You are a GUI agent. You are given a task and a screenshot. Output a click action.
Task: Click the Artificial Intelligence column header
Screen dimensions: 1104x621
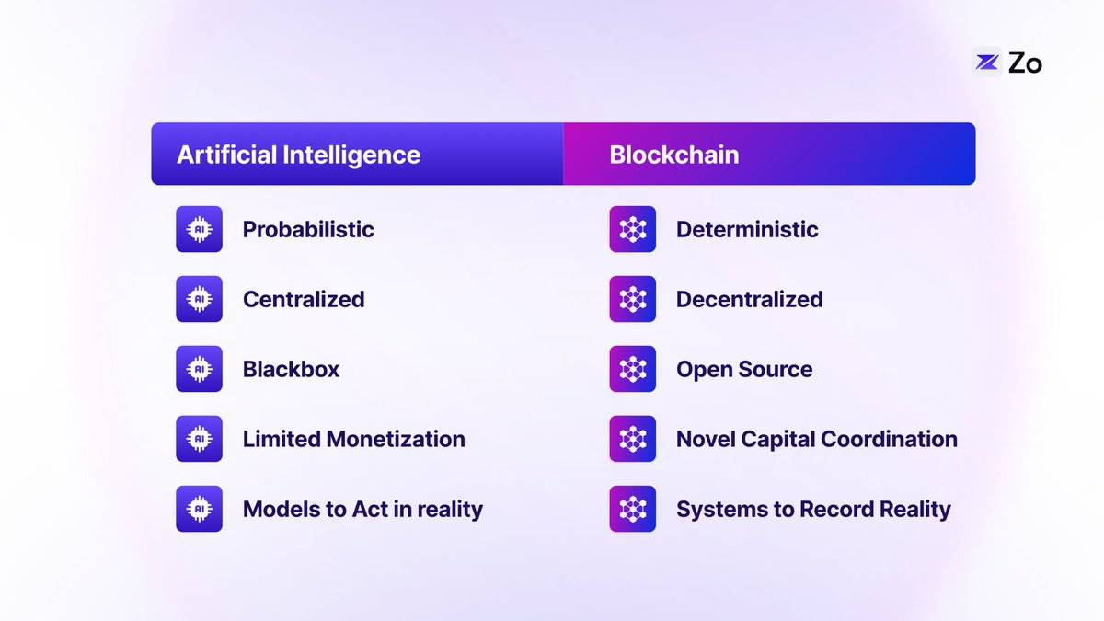click(299, 155)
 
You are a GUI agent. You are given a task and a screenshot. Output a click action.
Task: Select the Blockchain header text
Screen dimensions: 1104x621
click(674, 155)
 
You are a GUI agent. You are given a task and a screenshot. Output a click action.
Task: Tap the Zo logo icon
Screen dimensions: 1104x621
click(986, 63)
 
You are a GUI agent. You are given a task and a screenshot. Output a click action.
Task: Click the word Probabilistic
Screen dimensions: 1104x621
click(308, 230)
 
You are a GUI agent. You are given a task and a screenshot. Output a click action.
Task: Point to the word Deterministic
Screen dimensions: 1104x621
click(747, 230)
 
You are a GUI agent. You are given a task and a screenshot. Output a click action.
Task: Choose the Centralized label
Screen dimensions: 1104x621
click(304, 299)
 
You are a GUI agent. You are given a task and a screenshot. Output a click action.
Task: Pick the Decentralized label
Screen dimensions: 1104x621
click(750, 299)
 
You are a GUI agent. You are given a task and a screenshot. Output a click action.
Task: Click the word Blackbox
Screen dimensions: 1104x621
click(291, 369)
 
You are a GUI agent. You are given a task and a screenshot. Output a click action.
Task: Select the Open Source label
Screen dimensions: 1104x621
click(744, 370)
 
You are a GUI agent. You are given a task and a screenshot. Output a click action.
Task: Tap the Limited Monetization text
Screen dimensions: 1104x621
click(354, 439)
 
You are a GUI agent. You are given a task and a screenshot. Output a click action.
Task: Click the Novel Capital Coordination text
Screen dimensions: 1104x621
click(817, 439)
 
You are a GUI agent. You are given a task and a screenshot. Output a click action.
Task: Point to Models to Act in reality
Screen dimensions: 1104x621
click(362, 509)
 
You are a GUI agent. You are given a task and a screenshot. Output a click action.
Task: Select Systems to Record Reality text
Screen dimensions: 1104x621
click(813, 509)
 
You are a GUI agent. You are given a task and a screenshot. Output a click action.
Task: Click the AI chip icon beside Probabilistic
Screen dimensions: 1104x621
click(199, 229)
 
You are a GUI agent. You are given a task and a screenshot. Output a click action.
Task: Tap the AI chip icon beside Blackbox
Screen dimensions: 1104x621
click(199, 369)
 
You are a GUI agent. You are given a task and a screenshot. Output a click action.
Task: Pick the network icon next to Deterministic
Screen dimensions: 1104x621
click(633, 229)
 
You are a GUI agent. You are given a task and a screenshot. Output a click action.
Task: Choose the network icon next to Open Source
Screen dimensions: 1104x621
click(633, 369)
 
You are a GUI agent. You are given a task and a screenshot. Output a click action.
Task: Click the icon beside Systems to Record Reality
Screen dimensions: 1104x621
click(633, 509)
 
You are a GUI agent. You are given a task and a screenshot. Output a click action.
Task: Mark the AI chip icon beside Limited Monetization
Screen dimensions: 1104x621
click(199, 439)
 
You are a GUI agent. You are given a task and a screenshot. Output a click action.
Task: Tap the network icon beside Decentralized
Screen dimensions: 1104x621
click(633, 299)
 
